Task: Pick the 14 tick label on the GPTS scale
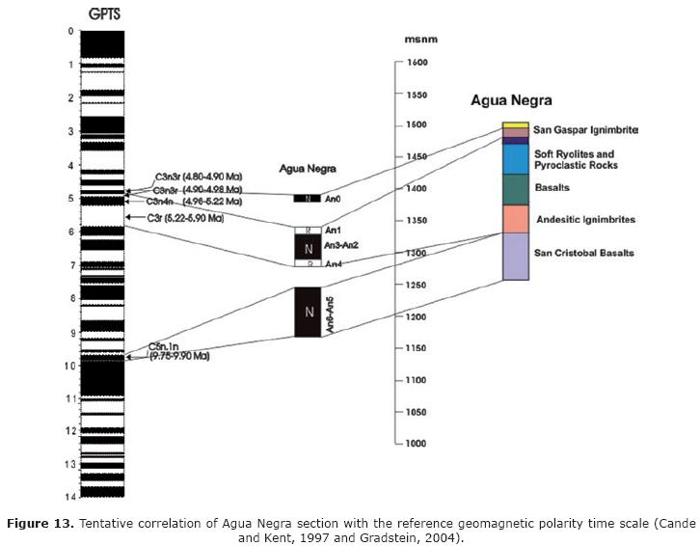pos(70,496)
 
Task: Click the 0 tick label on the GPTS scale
pos(71,31)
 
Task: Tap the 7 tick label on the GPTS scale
pos(71,264)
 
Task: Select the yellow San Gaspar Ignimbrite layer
pos(516,125)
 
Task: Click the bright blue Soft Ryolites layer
pos(516,158)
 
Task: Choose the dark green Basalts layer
pos(516,189)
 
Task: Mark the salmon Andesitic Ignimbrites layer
pos(516,219)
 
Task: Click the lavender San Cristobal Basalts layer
pos(516,257)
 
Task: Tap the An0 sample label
pos(334,199)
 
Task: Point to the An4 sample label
pos(334,264)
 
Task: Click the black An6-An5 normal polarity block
pos(308,312)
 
